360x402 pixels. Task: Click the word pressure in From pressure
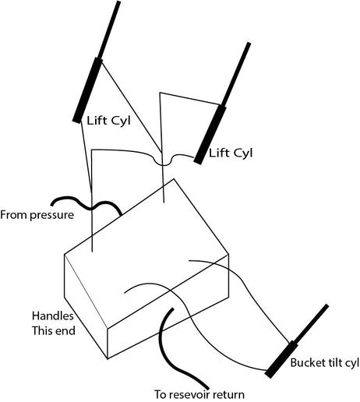[52, 216]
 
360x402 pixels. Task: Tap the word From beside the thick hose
[14, 215]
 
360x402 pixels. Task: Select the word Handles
[53, 316]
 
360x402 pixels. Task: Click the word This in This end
[41, 330]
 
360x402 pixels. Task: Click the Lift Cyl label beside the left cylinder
[108, 121]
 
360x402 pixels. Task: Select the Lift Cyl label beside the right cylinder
[231, 153]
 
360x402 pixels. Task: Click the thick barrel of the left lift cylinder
[87, 90]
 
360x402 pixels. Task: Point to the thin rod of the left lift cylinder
[110, 30]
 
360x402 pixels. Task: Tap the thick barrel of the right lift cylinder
[210, 134]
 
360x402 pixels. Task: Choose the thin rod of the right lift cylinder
[236, 74]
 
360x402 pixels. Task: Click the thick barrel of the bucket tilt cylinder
[281, 360]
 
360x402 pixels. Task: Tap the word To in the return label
[160, 394]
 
